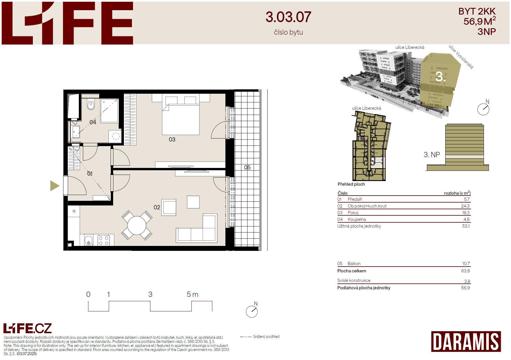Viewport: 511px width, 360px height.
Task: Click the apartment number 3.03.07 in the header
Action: tap(288, 17)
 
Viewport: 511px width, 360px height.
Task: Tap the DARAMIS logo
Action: tap(466, 341)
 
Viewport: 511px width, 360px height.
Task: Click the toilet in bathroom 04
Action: tap(91, 104)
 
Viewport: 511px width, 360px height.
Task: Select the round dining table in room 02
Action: tap(137, 225)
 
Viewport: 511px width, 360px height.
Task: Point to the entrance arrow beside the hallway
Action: tap(55, 186)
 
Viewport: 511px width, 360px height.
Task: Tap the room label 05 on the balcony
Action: tap(247, 167)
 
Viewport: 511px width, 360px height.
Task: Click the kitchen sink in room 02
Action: tap(89, 240)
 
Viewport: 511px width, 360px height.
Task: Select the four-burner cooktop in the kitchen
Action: tap(104, 240)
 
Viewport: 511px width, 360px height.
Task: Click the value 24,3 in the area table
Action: tap(465, 206)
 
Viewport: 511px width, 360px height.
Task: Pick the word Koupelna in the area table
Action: tap(357, 219)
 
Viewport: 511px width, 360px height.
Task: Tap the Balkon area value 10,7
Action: tap(466, 264)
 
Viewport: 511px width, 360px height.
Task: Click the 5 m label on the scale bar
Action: tap(193, 295)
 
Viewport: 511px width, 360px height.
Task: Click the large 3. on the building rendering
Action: tap(440, 77)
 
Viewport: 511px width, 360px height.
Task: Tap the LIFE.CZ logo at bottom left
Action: tap(27, 328)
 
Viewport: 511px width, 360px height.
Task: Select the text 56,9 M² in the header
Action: tap(480, 21)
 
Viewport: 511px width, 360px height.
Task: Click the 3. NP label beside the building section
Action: tap(432, 155)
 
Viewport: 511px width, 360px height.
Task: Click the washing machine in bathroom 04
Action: tap(115, 136)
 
